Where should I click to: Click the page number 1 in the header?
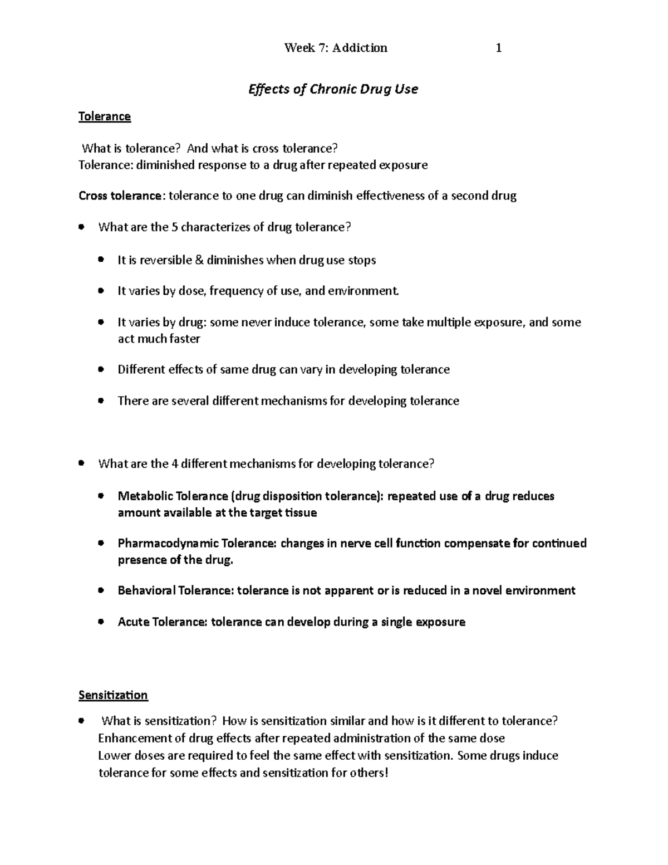tap(499, 48)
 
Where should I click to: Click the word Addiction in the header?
tap(360, 48)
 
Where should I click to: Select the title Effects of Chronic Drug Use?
tap(333, 89)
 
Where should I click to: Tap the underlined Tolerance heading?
tap(105, 116)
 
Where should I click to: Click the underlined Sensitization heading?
tap(113, 695)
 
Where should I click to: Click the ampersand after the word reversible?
tap(199, 260)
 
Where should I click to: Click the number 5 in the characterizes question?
tap(175, 227)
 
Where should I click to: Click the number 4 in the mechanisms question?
tap(175, 464)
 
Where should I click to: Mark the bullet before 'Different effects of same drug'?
tap(101, 369)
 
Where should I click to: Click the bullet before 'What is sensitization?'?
tap(82, 721)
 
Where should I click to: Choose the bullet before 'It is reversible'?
tap(101, 260)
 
